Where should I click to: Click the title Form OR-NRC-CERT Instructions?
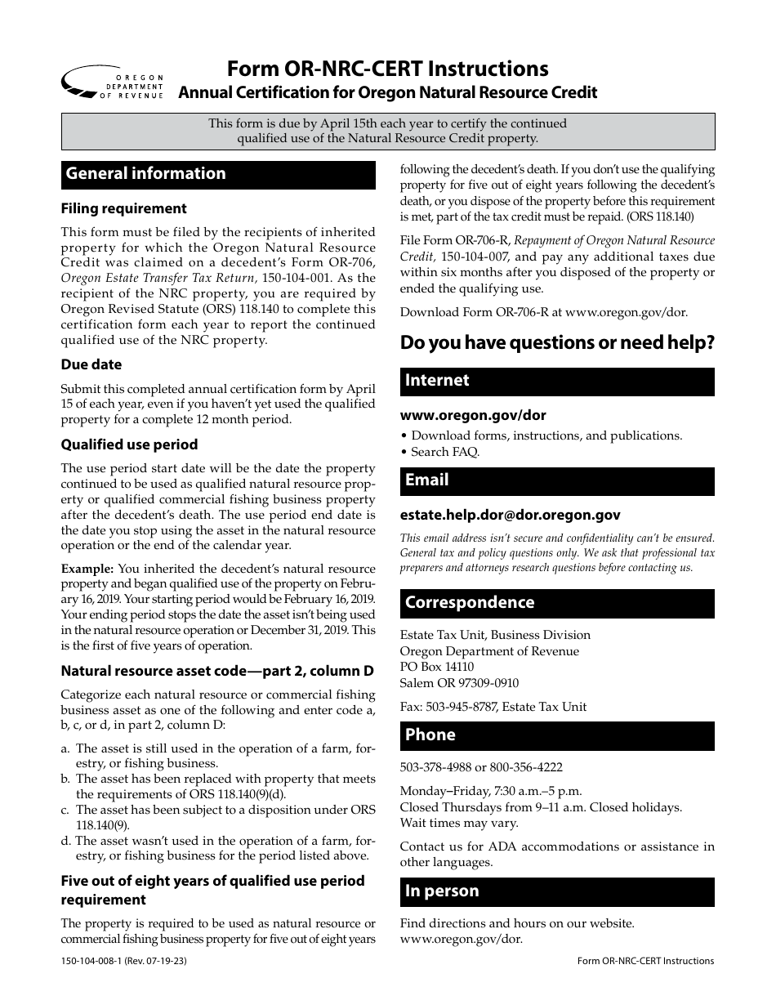(387, 68)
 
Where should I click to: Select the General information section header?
(218, 174)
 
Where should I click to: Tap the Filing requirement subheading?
(123, 208)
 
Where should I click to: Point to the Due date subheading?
(91, 364)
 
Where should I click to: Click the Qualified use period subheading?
(129, 444)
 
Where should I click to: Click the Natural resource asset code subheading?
(217, 671)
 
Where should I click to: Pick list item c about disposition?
(218, 817)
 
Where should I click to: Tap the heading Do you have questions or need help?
(557, 343)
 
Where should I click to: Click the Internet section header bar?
(557, 382)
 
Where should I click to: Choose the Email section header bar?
(557, 481)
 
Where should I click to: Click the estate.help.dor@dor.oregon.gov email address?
(510, 515)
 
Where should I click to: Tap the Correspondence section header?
(557, 604)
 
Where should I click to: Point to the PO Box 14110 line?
(436, 667)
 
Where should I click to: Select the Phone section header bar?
(557, 735)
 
